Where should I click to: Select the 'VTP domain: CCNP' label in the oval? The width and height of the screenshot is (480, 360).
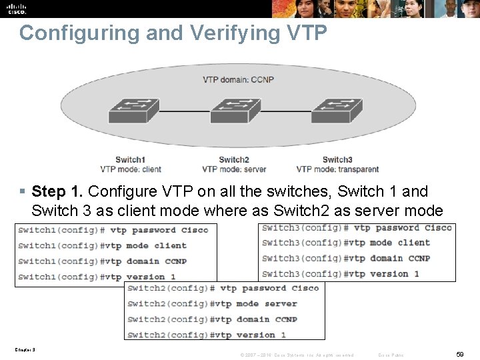pyautogui.click(x=238, y=80)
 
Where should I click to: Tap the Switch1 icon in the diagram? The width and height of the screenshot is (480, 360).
pyautogui.click(x=133, y=111)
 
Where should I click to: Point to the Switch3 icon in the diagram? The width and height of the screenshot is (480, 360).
pyautogui.click(x=336, y=111)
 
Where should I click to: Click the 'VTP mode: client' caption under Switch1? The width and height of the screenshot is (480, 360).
pyautogui.click(x=131, y=169)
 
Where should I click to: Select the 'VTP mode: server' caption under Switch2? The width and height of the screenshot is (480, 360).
pyautogui.click(x=234, y=169)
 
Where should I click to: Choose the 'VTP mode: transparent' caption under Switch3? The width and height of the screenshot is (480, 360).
pyautogui.click(x=337, y=169)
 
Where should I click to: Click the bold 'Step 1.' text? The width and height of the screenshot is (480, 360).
pyautogui.click(x=57, y=192)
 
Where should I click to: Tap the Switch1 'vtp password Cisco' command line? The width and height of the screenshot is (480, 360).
pyautogui.click(x=113, y=230)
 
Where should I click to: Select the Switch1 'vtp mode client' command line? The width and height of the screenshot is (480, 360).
pyautogui.click(x=103, y=245)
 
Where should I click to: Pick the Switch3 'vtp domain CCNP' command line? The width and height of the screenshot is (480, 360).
pyautogui.click(x=346, y=258)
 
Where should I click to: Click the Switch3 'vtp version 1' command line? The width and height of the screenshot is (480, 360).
pyautogui.click(x=341, y=273)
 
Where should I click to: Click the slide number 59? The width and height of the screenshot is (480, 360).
pyautogui.click(x=460, y=354)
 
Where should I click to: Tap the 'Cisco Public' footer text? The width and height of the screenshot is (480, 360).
pyautogui.click(x=391, y=355)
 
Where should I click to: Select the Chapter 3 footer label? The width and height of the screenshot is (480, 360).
pyautogui.click(x=24, y=349)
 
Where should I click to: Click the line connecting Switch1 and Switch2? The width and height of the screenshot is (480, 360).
pyautogui.click(x=185, y=111)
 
